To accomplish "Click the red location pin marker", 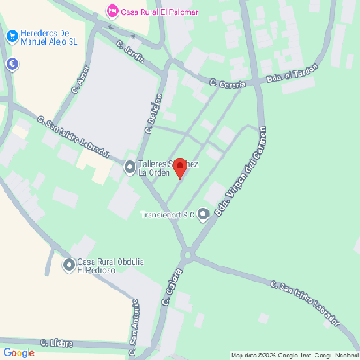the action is pos(179,168).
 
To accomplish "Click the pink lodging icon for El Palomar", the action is pos(111,12).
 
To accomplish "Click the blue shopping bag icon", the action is pos(12,37).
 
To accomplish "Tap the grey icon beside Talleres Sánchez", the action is pos(130,166).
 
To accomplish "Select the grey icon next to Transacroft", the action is pos(203,214).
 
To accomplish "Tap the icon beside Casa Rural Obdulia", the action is pos(70,264).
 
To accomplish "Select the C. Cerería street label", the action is pos(227,83).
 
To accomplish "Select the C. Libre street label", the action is pos(61,342).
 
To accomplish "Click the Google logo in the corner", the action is pos(19,352).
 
